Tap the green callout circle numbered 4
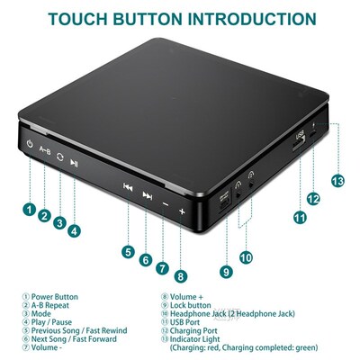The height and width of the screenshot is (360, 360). tap(74, 229)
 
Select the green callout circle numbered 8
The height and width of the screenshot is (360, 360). tap(181, 276)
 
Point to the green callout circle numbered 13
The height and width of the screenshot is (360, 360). tap(337, 180)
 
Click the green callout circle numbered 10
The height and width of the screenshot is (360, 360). tap(245, 258)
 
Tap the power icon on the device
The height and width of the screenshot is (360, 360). tap(31, 145)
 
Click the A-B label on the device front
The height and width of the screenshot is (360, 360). tap(45, 151)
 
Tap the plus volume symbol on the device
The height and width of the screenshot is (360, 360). tap(182, 211)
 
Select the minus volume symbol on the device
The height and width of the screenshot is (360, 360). tap(166, 204)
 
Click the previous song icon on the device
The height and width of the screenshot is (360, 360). tap(128, 187)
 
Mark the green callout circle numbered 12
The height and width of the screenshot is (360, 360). tap(313, 198)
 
